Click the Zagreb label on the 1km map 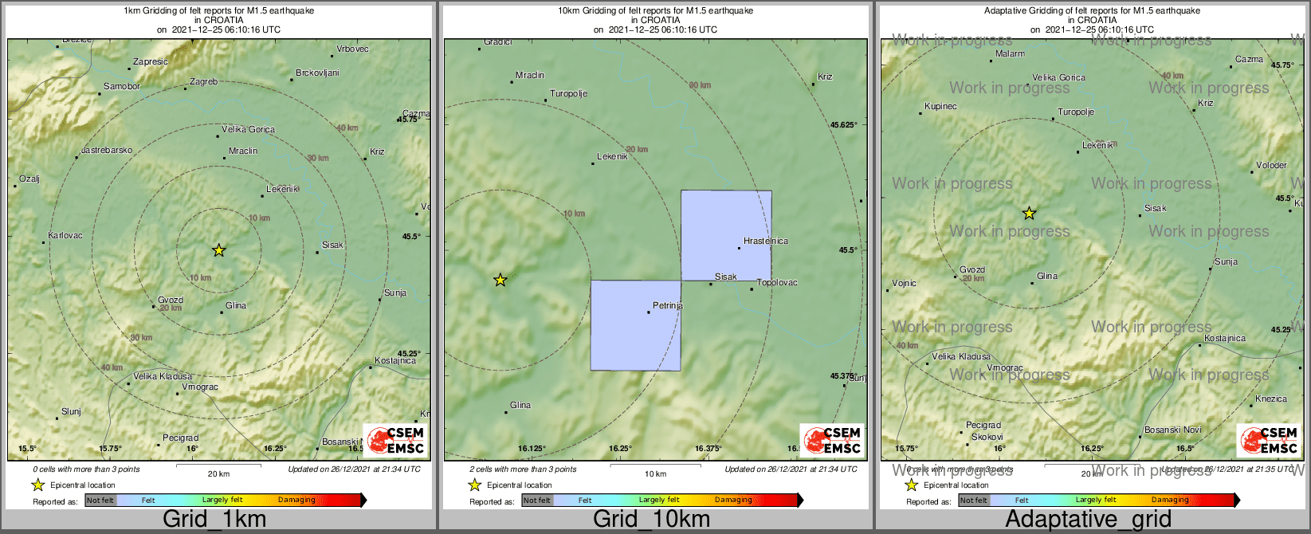click(203, 82)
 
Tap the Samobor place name click(122, 87)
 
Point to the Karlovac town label click(65, 236)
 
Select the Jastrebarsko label click(107, 151)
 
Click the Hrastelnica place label click(766, 241)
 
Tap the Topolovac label click(776, 283)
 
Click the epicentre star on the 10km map click(500, 280)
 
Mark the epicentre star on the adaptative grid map click(1029, 213)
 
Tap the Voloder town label click(1271, 166)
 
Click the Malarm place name click(1011, 54)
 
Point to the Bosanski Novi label click(1172, 430)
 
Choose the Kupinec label click(940, 107)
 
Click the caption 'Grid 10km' click(651, 520)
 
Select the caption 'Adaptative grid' click(1088, 520)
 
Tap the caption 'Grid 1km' click(214, 520)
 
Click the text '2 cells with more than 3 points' click(523, 469)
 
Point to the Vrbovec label click(352, 49)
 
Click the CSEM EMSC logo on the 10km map click(831, 440)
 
